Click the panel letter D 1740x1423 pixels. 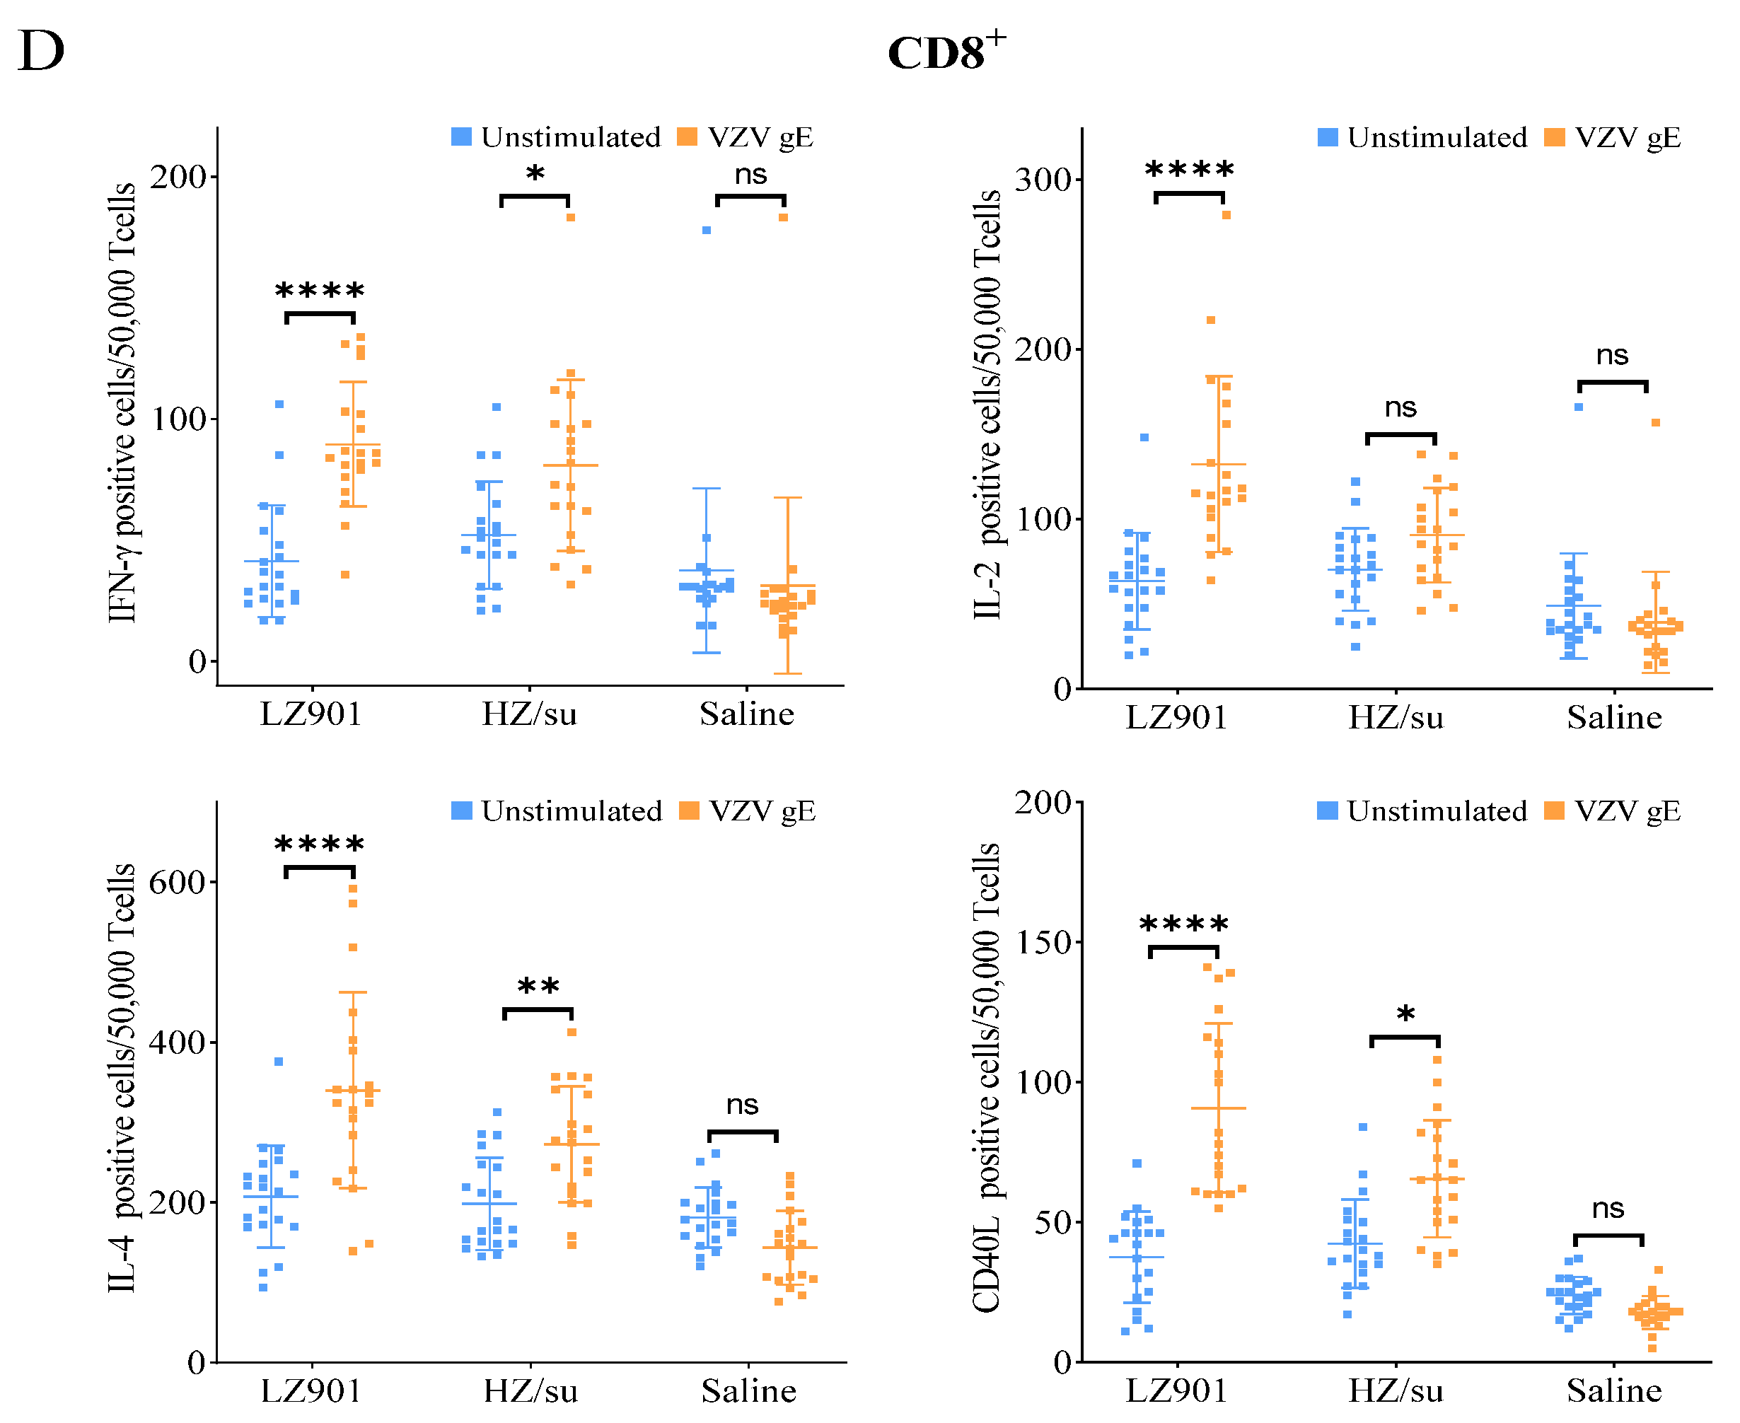tap(41, 51)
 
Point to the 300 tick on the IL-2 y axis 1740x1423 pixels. tap(1043, 180)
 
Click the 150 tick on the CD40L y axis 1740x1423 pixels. tap(1043, 942)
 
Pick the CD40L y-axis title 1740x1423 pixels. tap(987, 1078)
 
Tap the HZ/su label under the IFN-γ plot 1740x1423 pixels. tap(530, 714)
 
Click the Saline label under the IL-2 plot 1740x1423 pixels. tap(1614, 717)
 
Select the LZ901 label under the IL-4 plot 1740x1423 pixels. tap(311, 1391)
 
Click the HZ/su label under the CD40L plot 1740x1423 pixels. tap(1396, 1391)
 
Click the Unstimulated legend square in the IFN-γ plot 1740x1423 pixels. tap(461, 137)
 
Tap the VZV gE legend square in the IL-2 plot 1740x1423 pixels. tap(1553, 137)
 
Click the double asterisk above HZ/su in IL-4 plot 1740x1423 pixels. tap(538, 987)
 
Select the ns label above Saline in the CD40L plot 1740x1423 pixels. tap(1607, 1208)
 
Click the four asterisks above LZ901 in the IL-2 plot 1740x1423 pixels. tap(1189, 170)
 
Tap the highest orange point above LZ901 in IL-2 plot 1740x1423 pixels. tap(1226, 215)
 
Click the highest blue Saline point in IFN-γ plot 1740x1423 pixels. tap(707, 231)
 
